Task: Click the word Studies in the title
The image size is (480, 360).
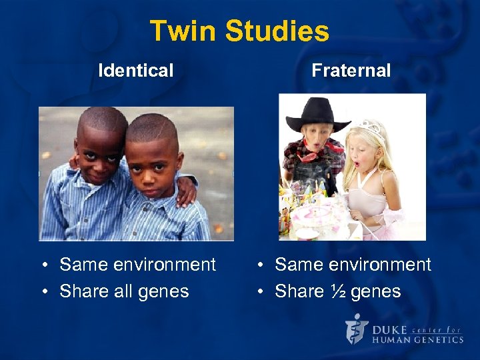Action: (x=277, y=31)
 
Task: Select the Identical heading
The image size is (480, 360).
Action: (x=135, y=70)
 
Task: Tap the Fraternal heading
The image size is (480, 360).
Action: (x=351, y=70)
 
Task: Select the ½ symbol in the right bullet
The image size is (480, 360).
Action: (x=331, y=291)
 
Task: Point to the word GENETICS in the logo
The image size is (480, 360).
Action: (x=437, y=339)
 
